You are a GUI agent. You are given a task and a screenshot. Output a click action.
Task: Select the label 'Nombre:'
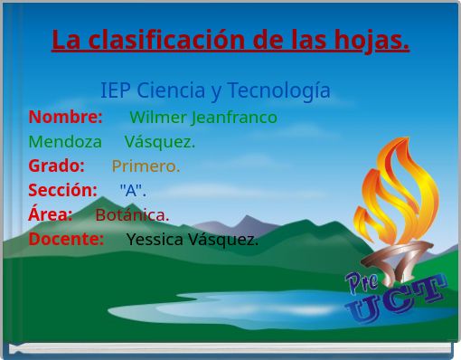(65, 118)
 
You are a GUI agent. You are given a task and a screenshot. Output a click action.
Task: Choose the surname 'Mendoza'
(65, 142)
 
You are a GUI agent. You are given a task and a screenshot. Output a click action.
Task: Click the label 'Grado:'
(56, 166)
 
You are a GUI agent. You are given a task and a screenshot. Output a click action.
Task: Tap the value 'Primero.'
(146, 166)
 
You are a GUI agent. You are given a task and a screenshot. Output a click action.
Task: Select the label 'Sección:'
(62, 191)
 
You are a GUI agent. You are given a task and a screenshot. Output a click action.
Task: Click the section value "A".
(132, 191)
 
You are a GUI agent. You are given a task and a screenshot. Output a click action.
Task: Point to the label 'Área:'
(51, 215)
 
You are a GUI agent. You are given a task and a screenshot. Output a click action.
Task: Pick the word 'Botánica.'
(132, 215)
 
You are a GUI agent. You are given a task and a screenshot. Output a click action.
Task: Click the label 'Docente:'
(66, 240)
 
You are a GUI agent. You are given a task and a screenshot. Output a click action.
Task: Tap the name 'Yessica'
(155, 240)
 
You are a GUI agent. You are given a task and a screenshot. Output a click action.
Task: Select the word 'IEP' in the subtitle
(115, 91)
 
